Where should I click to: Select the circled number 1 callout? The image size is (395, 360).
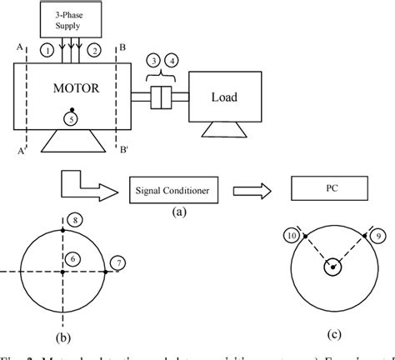pyautogui.click(x=48, y=52)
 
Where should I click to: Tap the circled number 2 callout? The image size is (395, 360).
pyautogui.click(x=95, y=52)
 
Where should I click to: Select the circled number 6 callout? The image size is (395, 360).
pyautogui.click(x=73, y=259)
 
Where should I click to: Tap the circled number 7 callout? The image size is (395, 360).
pyautogui.click(x=118, y=264)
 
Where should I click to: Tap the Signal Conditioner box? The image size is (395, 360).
pyautogui.click(x=173, y=192)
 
